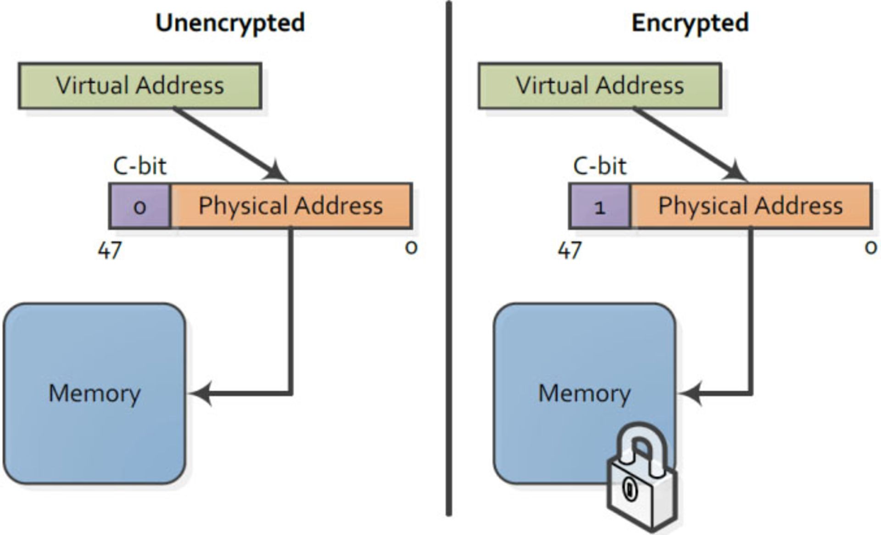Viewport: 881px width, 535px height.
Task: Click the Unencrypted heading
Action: [230, 23]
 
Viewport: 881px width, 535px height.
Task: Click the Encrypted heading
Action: [690, 23]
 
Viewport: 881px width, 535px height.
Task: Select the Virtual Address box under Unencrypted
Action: [140, 86]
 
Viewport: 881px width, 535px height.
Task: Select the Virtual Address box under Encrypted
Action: [600, 86]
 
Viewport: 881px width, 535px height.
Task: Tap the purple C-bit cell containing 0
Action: [139, 206]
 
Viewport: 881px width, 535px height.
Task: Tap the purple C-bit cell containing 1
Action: [600, 206]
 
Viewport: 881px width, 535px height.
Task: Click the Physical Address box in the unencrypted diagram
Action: [291, 206]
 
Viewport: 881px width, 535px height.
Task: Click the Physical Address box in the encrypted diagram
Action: [751, 206]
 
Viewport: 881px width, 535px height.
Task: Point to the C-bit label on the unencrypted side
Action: [139, 166]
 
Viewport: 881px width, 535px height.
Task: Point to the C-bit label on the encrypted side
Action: [599, 166]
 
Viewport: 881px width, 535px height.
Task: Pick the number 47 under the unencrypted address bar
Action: [110, 250]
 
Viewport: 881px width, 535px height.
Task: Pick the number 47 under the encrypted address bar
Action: [569, 250]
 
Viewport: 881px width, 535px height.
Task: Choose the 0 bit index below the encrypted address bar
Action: [870, 248]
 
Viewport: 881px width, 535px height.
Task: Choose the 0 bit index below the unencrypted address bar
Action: [411, 248]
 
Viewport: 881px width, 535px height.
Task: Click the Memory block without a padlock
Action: [95, 393]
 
